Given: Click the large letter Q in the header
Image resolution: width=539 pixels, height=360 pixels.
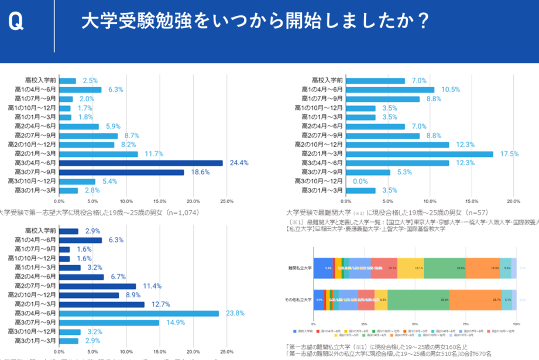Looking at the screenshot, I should click(x=16, y=22).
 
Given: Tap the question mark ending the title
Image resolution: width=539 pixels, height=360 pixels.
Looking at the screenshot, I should click(x=422, y=22).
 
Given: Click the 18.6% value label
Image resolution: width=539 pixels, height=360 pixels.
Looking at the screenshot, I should click(x=200, y=172).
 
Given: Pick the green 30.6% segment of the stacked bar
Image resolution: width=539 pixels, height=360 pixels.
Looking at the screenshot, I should click(x=418, y=299).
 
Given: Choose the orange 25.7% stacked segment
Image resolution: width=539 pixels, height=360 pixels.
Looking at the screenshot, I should click(x=475, y=299).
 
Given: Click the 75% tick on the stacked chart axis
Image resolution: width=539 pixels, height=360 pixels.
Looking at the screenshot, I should click(x=466, y=323).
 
